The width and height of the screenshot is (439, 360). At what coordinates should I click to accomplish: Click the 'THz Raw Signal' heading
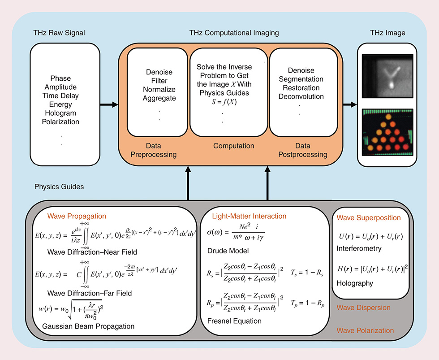(x=59, y=33)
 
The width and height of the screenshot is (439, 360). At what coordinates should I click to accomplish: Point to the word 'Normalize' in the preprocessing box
(x=159, y=89)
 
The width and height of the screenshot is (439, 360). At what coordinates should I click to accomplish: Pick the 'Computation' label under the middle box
(x=233, y=146)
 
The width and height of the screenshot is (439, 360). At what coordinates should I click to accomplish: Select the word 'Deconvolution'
(x=301, y=96)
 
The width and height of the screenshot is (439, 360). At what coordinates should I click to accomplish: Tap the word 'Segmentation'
(x=301, y=79)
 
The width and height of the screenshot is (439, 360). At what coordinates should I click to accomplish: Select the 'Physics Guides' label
(x=59, y=186)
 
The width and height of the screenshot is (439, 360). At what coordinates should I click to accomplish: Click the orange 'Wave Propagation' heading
(x=77, y=217)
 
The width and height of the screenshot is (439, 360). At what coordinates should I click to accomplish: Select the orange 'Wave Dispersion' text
(x=363, y=308)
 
